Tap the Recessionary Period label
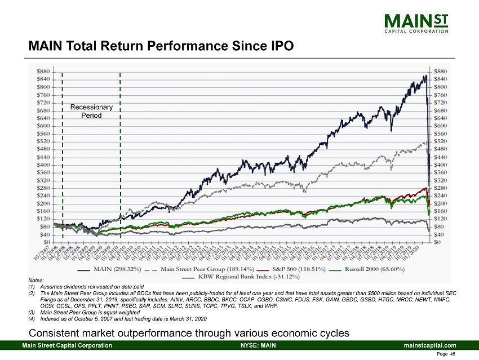coord(91,111)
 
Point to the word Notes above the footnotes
coord(35,281)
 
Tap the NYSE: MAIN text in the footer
coord(258,345)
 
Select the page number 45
coord(453,354)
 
